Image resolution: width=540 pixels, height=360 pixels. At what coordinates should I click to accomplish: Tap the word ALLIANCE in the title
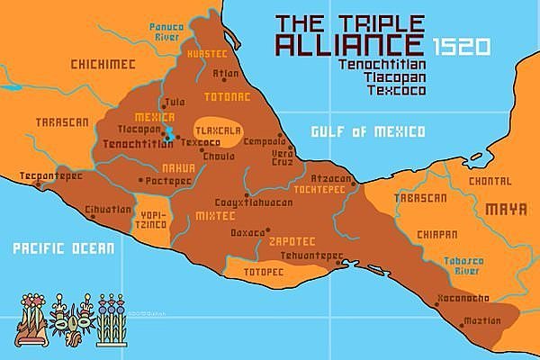click(349, 46)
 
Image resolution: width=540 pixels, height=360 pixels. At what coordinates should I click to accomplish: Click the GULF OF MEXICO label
click(367, 132)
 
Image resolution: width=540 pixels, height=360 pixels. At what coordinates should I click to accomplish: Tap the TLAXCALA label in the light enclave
click(217, 128)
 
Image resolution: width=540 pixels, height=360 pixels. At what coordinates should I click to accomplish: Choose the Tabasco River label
click(463, 266)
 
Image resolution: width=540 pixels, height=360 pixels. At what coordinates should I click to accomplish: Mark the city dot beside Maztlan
click(463, 322)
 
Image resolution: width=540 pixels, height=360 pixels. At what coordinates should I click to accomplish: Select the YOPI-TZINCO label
click(151, 220)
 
